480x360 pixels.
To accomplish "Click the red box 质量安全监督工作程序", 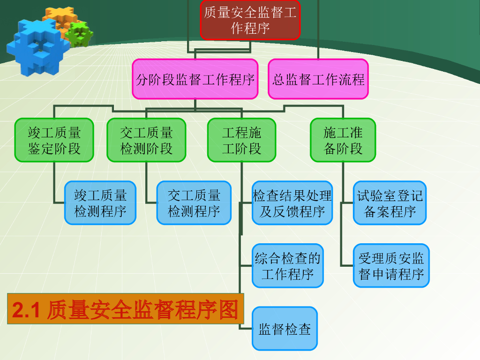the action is (x=250, y=20).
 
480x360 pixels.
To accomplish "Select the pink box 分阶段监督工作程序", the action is (x=195, y=79).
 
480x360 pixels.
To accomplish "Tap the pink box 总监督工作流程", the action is (x=318, y=79).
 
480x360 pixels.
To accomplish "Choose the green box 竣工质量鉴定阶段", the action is (x=54, y=140).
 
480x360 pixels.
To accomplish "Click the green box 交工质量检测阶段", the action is (x=146, y=140).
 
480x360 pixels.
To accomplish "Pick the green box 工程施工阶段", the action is (x=242, y=140).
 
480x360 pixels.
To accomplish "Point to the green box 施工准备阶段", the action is (x=343, y=140).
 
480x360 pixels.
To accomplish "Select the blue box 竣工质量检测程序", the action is (x=100, y=202).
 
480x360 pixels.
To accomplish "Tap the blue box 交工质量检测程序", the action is (x=194, y=202).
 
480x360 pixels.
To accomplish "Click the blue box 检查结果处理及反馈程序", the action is (x=292, y=202).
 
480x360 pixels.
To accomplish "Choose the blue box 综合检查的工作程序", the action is (x=288, y=265).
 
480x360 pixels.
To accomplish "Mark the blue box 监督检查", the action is (x=285, y=329).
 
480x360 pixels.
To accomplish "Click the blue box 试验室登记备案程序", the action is (x=390, y=202).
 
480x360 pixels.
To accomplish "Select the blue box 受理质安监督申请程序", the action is (x=391, y=265).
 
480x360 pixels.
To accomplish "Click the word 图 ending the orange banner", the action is (x=228, y=309).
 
